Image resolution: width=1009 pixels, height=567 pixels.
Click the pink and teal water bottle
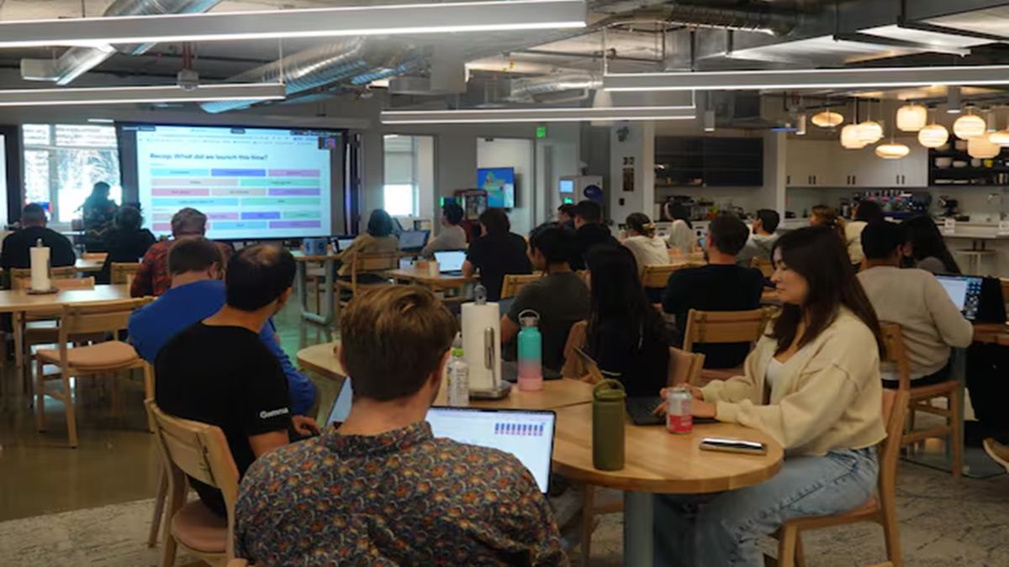[x=530, y=353]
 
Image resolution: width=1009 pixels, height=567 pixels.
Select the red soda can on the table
[x=679, y=410]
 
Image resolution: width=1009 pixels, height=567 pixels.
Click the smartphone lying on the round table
[x=732, y=446]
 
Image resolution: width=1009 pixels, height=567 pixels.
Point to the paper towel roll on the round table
[x=482, y=344]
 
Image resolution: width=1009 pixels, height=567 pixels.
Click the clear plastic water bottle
[x=457, y=378]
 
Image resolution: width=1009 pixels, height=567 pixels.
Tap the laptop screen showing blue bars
[x=492, y=441]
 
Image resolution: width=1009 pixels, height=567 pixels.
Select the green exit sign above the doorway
[x=541, y=131]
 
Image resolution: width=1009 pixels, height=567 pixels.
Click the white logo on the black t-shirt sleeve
[x=273, y=413]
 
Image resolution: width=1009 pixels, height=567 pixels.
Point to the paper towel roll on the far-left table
[x=40, y=267]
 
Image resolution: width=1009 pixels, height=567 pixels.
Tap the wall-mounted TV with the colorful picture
[x=496, y=186]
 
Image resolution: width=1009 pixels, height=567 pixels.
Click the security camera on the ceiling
[x=187, y=79]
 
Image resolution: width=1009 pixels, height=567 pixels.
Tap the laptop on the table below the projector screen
[x=449, y=261]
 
